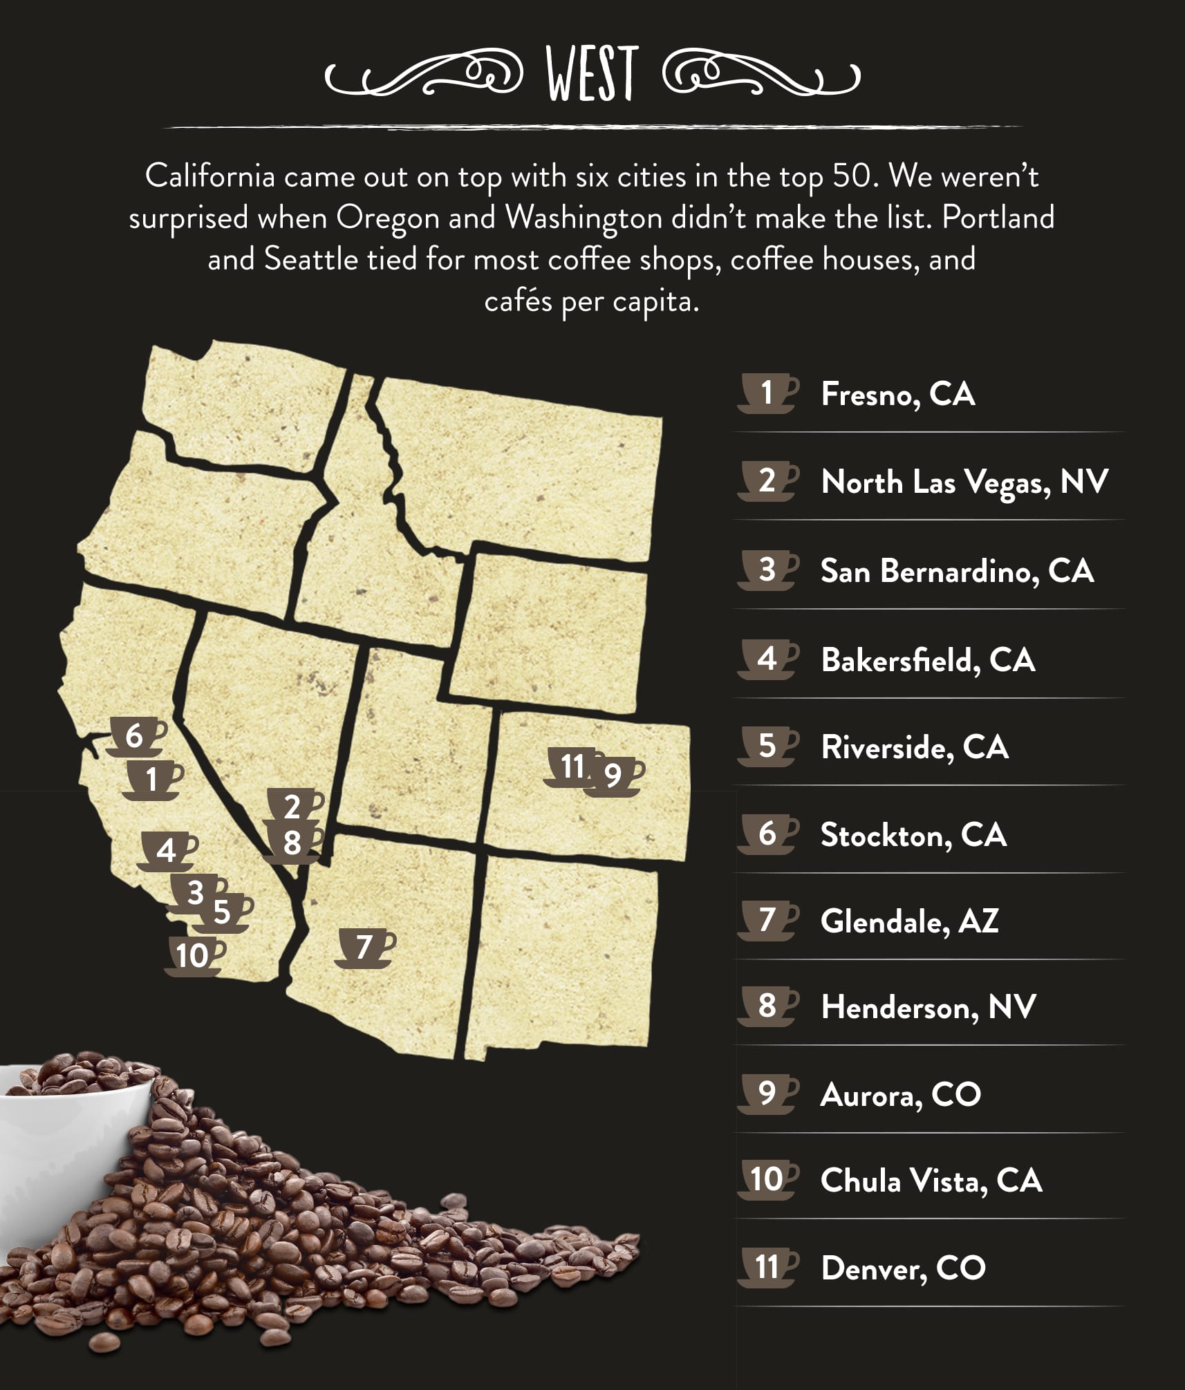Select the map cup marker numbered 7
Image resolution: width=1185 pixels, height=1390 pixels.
[x=365, y=948]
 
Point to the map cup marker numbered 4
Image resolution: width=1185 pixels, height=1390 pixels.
[x=167, y=851]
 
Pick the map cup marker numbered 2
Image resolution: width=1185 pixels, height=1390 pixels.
[x=294, y=807]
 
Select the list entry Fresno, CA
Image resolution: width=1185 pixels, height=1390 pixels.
[x=897, y=394]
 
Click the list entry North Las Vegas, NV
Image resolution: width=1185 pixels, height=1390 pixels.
[x=964, y=482]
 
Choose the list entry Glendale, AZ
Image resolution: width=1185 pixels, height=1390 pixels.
[x=909, y=921]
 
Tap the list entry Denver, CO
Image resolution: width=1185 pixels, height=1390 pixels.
[x=903, y=1268]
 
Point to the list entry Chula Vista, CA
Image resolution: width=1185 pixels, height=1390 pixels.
[x=931, y=1181]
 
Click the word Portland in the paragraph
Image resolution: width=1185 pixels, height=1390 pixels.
[x=998, y=218]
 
